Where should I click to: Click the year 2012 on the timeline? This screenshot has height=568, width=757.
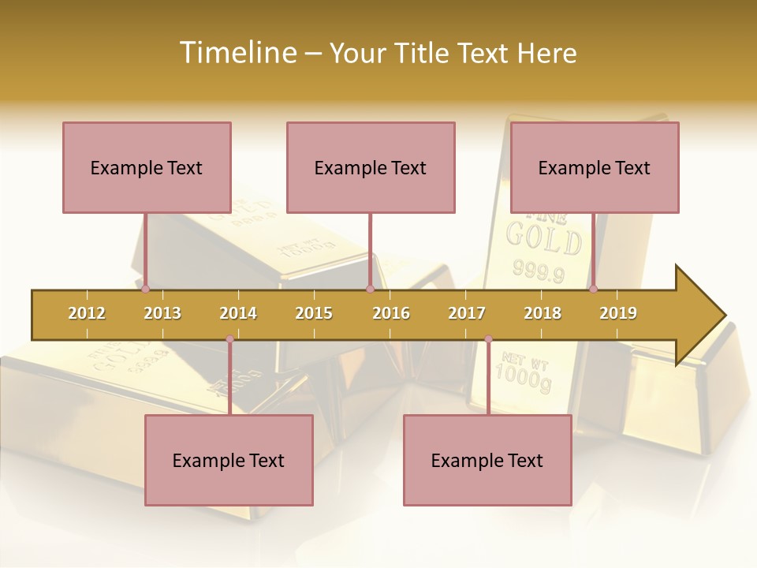[x=87, y=313]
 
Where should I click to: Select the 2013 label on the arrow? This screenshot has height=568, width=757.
[x=162, y=313]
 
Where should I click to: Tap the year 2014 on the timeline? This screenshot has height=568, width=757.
[x=238, y=313]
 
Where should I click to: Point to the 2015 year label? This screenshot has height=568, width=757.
[x=314, y=313]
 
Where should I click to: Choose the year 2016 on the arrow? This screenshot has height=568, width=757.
[x=391, y=313]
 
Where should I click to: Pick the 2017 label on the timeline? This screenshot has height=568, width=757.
[x=467, y=313]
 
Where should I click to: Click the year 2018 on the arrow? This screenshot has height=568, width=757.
[x=543, y=313]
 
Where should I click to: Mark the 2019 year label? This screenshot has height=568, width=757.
[x=618, y=313]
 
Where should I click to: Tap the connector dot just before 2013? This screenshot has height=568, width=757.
[x=145, y=289]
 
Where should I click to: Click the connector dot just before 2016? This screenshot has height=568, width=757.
[x=370, y=289]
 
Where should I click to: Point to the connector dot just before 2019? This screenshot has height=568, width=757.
[x=593, y=289]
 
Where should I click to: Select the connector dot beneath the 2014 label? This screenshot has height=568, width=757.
[x=229, y=339]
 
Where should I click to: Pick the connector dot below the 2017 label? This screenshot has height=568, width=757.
[x=488, y=339]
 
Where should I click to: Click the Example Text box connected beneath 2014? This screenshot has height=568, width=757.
[x=229, y=460]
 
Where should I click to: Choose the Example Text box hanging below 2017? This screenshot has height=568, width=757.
[x=487, y=460]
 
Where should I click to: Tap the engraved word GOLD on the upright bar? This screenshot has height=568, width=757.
[x=544, y=238]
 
